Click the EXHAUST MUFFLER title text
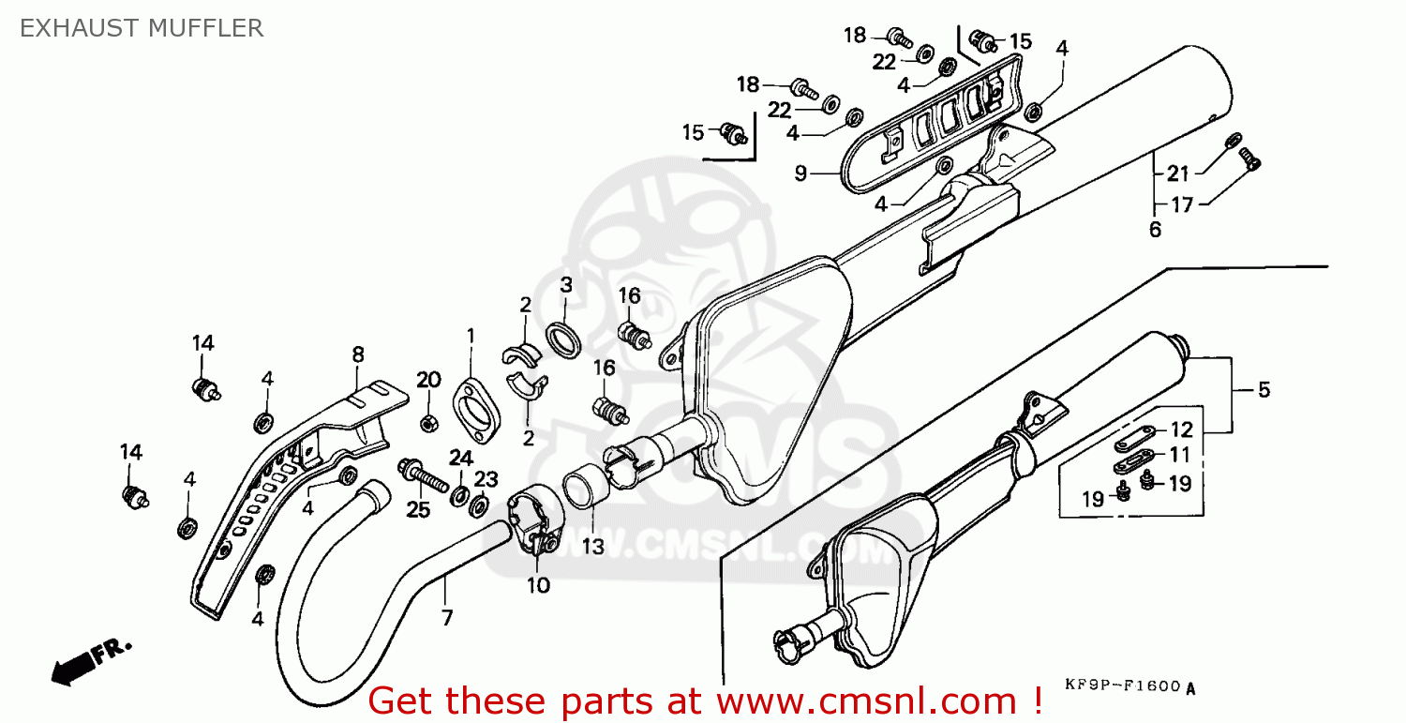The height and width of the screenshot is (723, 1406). click(142, 28)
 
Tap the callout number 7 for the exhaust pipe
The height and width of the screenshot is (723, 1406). click(446, 617)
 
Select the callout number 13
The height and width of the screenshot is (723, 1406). click(592, 547)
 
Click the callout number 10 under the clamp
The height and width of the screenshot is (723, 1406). click(538, 585)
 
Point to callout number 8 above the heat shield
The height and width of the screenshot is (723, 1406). click(358, 354)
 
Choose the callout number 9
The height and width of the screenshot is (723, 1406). click(800, 173)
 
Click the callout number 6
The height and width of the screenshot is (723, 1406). click(1155, 230)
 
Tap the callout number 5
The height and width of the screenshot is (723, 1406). click(1264, 389)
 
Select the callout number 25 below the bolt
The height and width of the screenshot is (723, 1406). click(418, 509)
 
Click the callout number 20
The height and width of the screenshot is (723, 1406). click(428, 380)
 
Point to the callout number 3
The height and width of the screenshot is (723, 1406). click(566, 285)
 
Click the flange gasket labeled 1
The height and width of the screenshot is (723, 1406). click(476, 411)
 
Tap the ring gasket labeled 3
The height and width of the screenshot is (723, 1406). click(563, 339)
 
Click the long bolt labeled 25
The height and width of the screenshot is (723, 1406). click(423, 475)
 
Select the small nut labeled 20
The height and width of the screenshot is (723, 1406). click(428, 423)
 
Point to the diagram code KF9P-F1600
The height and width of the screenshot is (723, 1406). click(1123, 685)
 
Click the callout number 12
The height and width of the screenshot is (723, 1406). click(1181, 429)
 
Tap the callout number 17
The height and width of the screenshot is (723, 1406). click(1181, 204)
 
